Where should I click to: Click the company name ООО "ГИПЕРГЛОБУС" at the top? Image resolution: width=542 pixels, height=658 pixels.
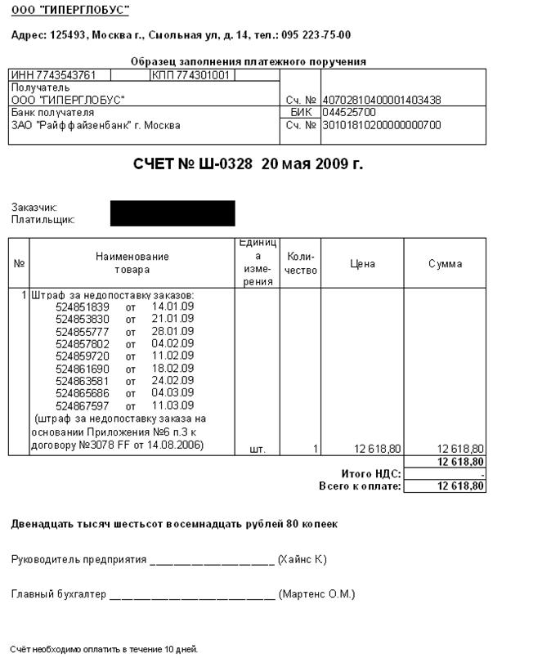pos(69,10)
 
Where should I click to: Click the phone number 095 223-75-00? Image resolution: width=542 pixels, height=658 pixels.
pos(316,35)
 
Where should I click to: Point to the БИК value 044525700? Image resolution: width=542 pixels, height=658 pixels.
pos(349,112)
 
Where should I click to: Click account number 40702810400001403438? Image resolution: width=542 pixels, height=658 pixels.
pos(381,100)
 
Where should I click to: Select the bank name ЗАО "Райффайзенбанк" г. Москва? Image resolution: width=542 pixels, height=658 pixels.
pos(96,125)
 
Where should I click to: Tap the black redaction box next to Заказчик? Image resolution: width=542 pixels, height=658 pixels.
pos(172,213)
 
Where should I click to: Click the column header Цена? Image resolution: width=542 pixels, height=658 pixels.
pos(362,264)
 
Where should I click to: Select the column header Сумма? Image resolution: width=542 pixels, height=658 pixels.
pos(445,264)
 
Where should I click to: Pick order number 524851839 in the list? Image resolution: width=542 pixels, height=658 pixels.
pos(83,307)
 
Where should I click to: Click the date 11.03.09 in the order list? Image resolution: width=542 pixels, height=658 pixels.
pos(172,405)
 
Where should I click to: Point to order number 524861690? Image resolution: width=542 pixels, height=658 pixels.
pos(83,369)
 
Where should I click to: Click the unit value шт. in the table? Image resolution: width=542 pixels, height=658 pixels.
pos(257,449)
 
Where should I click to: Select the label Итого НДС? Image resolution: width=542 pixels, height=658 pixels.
pos(370,474)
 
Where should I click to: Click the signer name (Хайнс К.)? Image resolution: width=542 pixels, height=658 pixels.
pos(302,560)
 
